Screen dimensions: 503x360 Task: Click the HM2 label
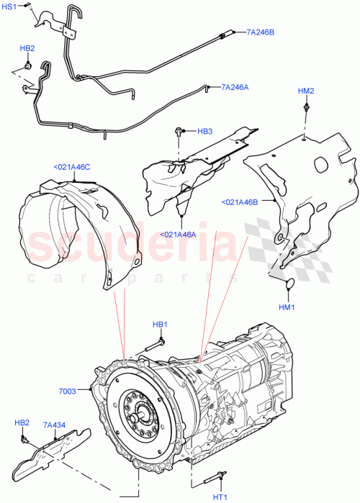coord(306,91)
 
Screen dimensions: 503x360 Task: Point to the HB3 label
coord(204,132)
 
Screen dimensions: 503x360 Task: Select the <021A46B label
coord(240,201)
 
